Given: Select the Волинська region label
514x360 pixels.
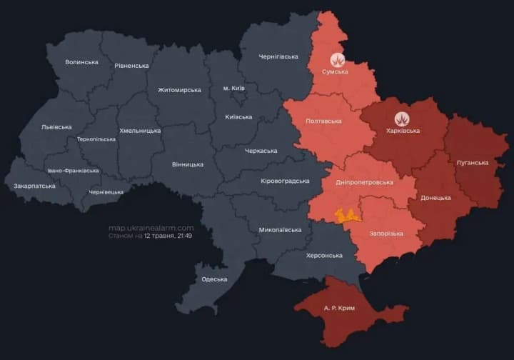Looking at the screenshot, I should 81,62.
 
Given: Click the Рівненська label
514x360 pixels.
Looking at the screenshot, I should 131,66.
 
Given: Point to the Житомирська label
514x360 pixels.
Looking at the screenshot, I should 179,90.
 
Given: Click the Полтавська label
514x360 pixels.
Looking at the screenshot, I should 323,121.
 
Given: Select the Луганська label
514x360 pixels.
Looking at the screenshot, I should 472,162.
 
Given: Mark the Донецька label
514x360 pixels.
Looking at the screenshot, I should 435,197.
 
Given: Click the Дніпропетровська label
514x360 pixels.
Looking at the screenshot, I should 365,181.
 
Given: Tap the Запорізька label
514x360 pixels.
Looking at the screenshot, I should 386,234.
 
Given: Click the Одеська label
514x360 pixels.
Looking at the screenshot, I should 214,279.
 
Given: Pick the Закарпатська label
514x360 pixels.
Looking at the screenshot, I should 34,186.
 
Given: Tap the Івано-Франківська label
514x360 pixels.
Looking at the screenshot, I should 73,171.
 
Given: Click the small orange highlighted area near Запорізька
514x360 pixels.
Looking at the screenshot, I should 348,215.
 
